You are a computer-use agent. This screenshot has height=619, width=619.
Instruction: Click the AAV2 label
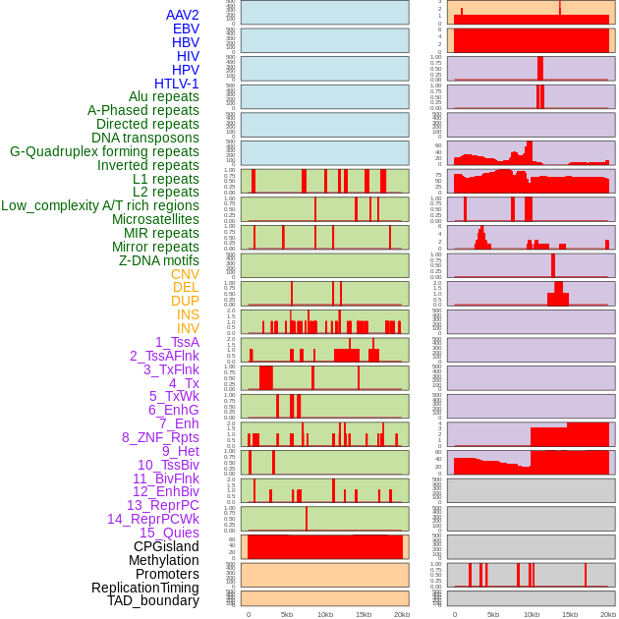pyautogui.click(x=183, y=15)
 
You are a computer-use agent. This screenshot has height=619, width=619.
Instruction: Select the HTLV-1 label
pyautogui.click(x=177, y=84)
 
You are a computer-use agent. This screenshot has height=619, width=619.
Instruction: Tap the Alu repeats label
pyautogui.click(x=164, y=96)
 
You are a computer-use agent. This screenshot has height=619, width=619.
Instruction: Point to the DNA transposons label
pyautogui.click(x=145, y=138)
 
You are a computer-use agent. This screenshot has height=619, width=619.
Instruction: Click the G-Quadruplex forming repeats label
pyautogui.click(x=104, y=151)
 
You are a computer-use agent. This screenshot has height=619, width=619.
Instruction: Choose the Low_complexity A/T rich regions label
pyautogui.click(x=100, y=205)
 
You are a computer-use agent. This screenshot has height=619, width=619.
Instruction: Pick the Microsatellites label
pyautogui.click(x=155, y=219)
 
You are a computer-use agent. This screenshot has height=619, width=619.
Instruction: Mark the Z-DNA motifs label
pyautogui.click(x=159, y=260)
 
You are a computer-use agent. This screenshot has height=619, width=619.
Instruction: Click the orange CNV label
pyautogui.click(x=185, y=274)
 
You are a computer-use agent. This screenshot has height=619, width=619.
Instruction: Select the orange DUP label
pyautogui.click(x=185, y=301)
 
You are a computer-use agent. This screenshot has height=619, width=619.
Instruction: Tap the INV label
pyautogui.click(x=188, y=328)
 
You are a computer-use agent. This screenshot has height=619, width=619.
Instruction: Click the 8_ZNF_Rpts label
pyautogui.click(x=160, y=437)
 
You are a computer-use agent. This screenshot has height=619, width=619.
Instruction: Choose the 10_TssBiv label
pyautogui.click(x=168, y=465)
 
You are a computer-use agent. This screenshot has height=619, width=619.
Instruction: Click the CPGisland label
pyautogui.click(x=166, y=546)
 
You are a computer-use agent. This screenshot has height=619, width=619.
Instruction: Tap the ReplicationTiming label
pyautogui.click(x=145, y=588)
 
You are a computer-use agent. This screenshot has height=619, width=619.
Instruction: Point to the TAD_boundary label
pyautogui.click(x=153, y=600)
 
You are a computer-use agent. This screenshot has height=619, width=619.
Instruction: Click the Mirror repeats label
pyautogui.click(x=155, y=247)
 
